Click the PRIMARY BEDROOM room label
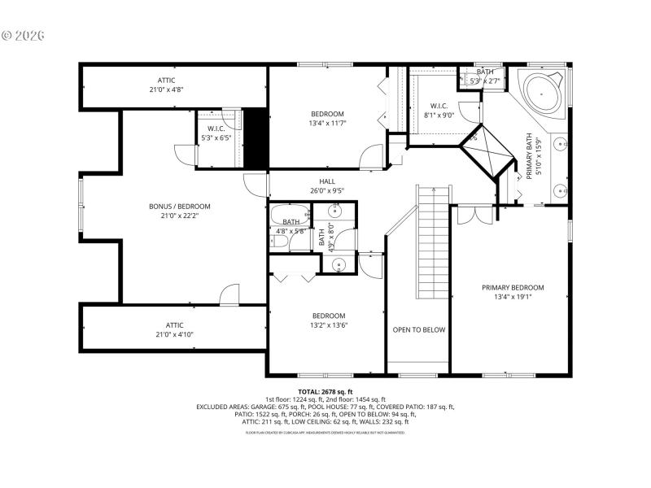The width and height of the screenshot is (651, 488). click(512, 287)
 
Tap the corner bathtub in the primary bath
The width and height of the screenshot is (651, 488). click(540, 92)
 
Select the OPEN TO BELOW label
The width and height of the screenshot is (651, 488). click(418, 329)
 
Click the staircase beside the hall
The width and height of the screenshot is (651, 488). click(433, 244)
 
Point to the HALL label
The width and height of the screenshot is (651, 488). click(327, 181)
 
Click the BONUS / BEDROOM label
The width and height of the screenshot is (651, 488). click(179, 207)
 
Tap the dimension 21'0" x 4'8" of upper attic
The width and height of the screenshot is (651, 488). click(166, 90)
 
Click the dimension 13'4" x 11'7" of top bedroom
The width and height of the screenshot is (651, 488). click(327, 124)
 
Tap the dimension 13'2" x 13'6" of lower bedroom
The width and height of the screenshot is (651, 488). click(328, 326)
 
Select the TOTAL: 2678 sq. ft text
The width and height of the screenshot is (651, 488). click(325, 392)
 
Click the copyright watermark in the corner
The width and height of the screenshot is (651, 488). click(23, 36)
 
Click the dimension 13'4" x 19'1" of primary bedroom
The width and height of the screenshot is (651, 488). click(512, 298)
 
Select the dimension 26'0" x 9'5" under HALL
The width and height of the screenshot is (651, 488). click(327, 191)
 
